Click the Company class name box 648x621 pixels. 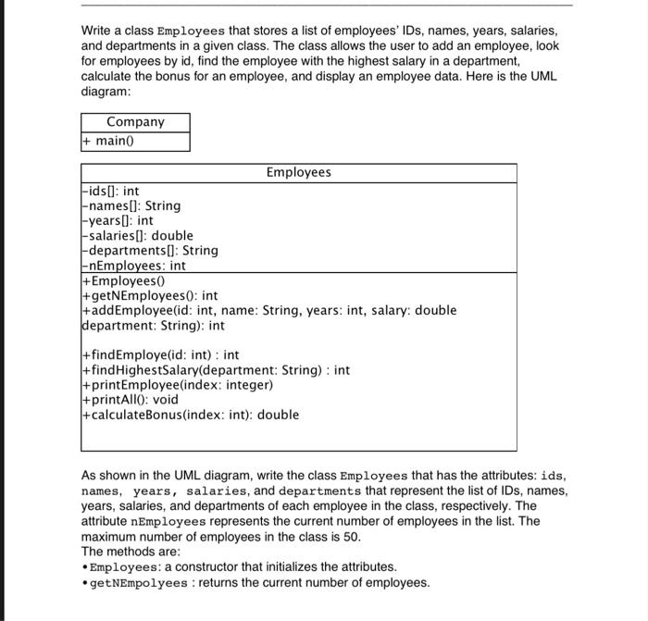[135, 122]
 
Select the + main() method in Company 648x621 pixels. [109, 141]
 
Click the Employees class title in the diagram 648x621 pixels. [298, 172]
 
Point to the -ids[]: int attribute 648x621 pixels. [111, 192]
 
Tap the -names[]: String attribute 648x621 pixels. [131, 205]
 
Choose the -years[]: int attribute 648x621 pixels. [118, 220]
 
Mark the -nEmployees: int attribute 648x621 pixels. [134, 266]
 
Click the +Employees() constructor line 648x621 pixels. [122, 280]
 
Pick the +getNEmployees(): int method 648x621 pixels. [150, 295]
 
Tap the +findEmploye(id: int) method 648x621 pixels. [161, 354]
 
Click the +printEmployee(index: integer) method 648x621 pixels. [178, 385]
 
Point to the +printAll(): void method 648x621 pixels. [131, 400]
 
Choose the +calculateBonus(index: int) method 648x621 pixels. [191, 415]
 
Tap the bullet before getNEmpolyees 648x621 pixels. [84, 583]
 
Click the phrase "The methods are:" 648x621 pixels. [131, 552]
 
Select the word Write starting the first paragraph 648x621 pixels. [97, 31]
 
